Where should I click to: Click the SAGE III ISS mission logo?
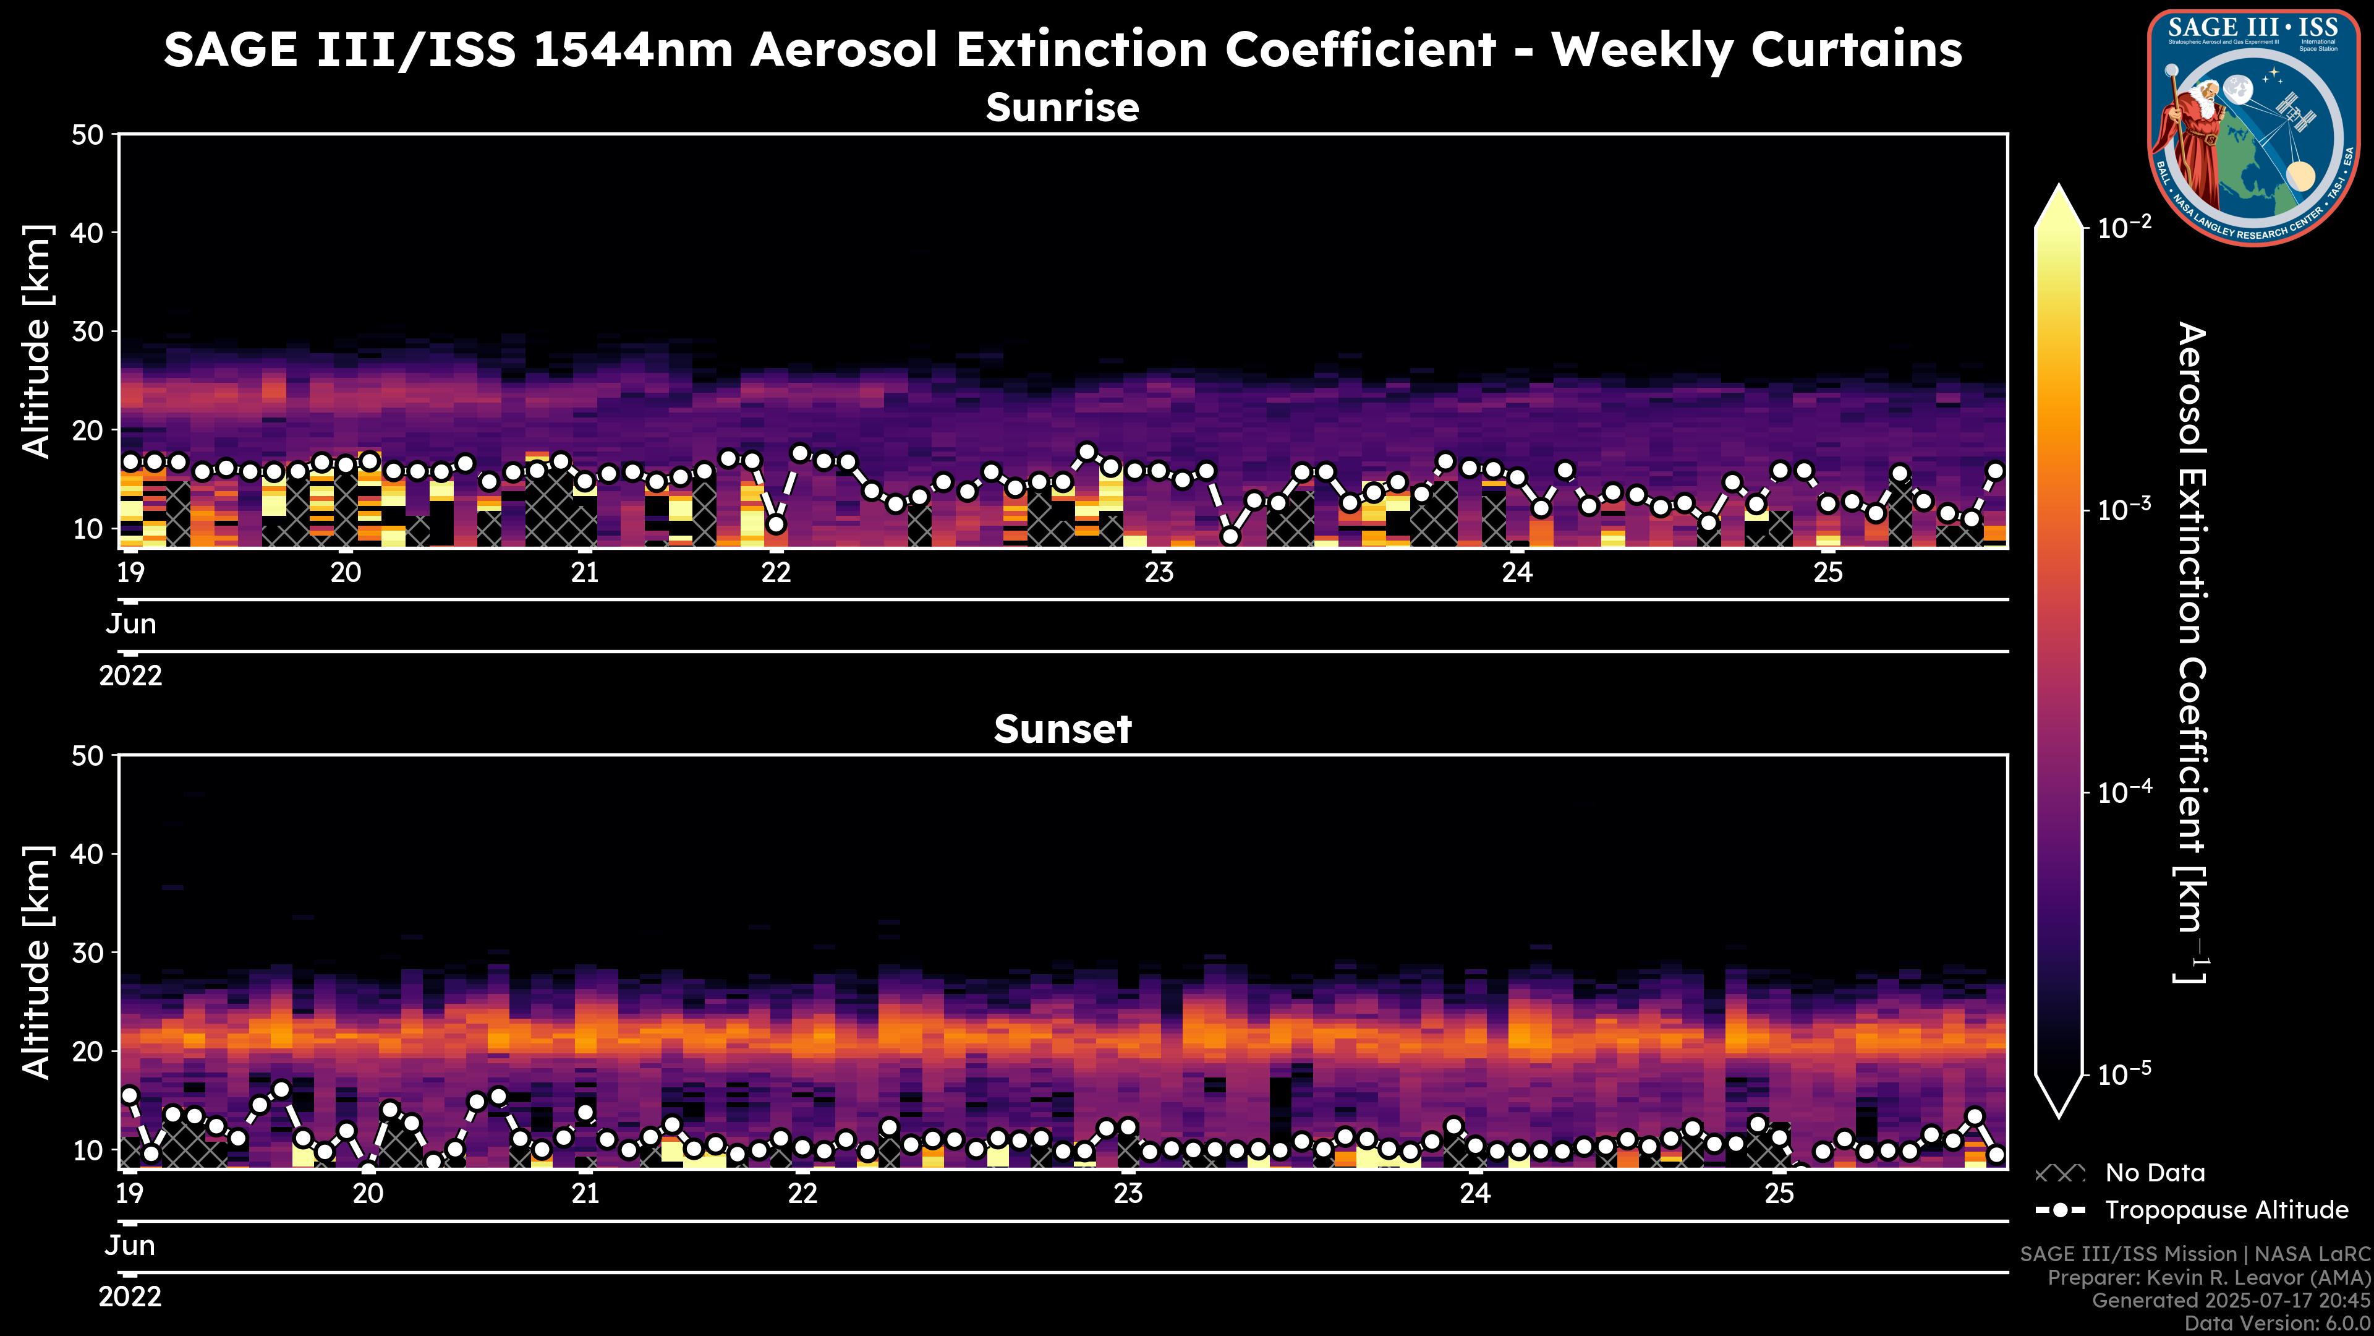tap(2254, 127)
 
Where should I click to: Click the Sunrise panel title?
tap(1063, 108)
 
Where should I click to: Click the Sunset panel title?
tap(1063, 729)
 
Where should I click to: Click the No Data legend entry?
tap(2155, 1173)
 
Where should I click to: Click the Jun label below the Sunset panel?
tap(130, 1246)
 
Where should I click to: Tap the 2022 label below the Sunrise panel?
tap(130, 676)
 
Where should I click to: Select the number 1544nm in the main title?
tap(633, 49)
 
